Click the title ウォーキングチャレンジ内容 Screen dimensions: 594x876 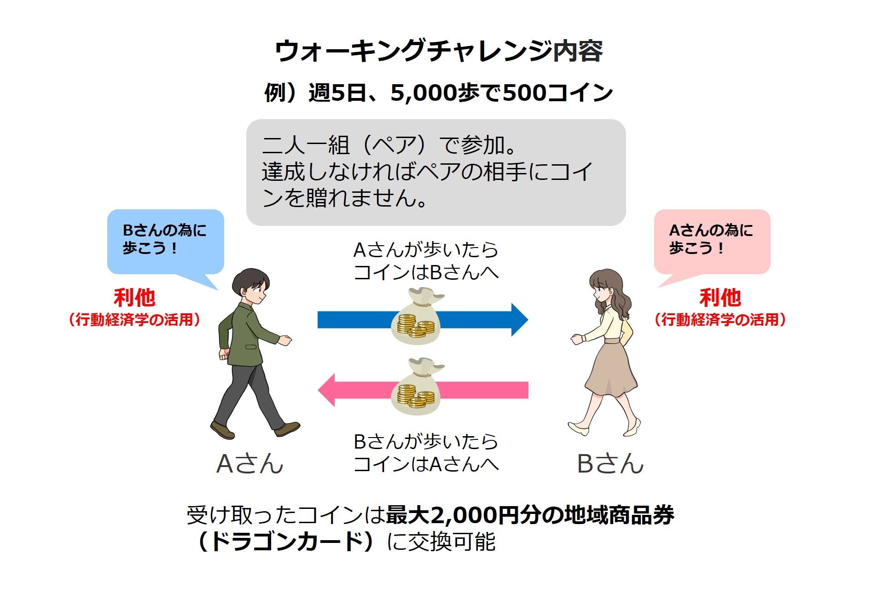pyautogui.click(x=438, y=51)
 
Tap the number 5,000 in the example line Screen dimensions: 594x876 pyautogui.click(x=423, y=93)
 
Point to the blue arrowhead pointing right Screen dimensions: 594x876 pyautogui.click(x=519, y=320)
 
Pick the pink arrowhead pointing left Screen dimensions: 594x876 pyautogui.click(x=327, y=390)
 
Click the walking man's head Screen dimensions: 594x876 pyautogui.click(x=250, y=286)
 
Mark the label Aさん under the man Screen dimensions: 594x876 pyautogui.click(x=249, y=464)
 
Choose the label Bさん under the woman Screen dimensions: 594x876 pyautogui.click(x=610, y=464)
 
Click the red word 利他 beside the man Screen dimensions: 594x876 pyautogui.click(x=134, y=298)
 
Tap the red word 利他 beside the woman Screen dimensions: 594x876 pyautogui.click(x=720, y=298)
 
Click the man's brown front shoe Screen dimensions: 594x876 pyautogui.click(x=287, y=429)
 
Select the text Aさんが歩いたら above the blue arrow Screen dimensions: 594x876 pyautogui.click(x=426, y=250)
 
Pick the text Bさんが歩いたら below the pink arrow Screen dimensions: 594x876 pyautogui.click(x=426, y=442)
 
